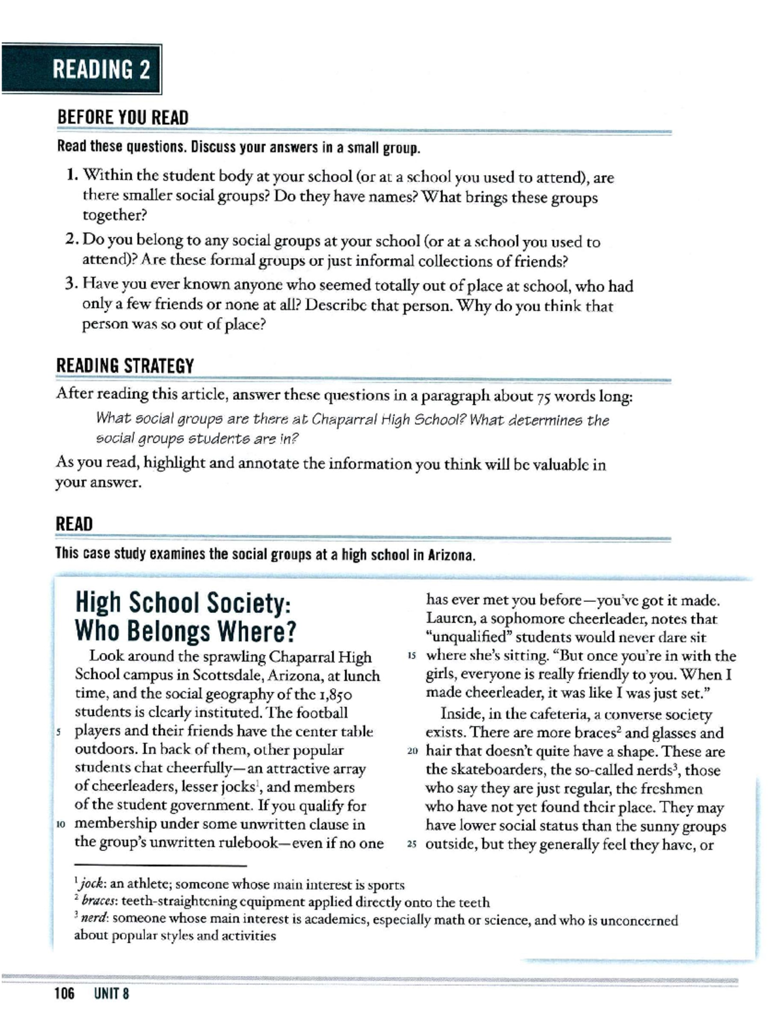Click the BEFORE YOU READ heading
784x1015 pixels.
pos(122,118)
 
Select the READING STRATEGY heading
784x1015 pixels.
pos(125,365)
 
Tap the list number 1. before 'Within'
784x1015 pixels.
pos(73,175)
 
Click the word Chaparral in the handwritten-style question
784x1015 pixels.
pos(340,420)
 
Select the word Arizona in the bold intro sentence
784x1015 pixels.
pos(450,555)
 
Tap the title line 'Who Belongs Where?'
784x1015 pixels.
pos(186,631)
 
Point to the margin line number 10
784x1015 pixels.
pos(60,825)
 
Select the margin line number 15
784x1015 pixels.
pos(412,656)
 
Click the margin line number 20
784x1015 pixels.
pos(412,752)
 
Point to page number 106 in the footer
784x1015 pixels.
pos(65,994)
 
